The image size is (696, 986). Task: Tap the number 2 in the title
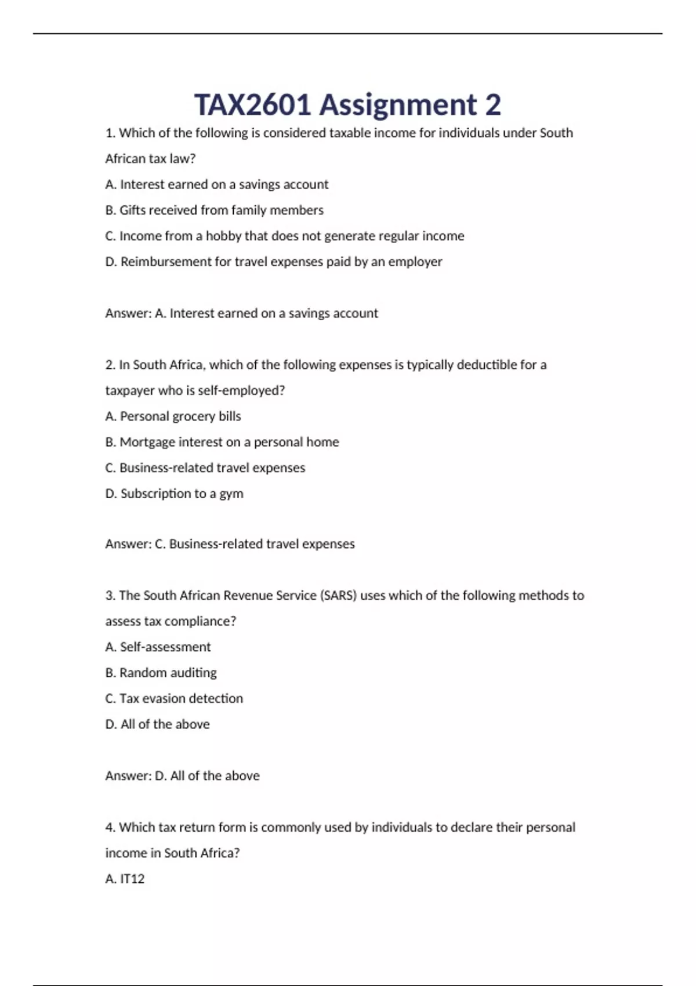point(492,105)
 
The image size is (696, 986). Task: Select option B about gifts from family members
point(214,210)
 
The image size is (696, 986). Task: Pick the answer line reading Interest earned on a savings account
point(241,313)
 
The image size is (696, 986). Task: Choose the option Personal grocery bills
point(173,416)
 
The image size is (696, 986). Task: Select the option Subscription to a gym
point(174,494)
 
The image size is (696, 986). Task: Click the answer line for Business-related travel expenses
point(230,544)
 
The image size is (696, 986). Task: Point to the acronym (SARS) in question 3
point(338,596)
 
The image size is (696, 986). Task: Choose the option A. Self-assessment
point(158,647)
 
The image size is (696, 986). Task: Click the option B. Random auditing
point(161,673)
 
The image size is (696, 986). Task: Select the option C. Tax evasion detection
point(174,698)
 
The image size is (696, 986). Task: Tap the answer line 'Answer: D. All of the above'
point(182,775)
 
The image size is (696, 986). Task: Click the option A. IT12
point(125,879)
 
